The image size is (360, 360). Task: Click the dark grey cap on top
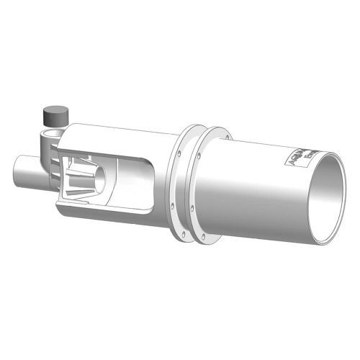55,114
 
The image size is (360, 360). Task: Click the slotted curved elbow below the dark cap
48,155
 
